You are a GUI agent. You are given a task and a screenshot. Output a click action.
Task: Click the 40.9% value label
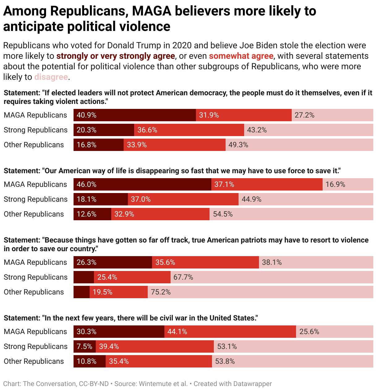point(87,115)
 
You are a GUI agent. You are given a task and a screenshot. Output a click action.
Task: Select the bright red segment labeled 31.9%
point(244,115)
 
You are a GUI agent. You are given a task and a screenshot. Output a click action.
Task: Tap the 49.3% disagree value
point(238,145)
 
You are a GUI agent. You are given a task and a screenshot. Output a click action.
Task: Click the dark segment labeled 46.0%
point(142,184)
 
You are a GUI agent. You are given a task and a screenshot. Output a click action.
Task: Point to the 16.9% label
point(335,184)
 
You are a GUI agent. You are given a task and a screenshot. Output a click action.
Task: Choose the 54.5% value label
point(223,214)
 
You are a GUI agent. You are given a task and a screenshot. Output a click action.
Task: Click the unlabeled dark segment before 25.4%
point(84,277)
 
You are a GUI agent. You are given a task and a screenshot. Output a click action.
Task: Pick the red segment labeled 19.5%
point(119,292)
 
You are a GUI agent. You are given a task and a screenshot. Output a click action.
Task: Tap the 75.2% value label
point(161,292)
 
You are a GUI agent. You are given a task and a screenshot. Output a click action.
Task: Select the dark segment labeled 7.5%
point(84,346)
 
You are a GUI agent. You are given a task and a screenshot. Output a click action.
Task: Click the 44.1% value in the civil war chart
point(177,332)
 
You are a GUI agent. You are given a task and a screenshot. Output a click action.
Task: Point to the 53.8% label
point(225,361)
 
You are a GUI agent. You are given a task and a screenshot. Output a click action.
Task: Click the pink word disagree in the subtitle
point(51,77)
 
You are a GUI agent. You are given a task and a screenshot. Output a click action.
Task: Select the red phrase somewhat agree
point(241,56)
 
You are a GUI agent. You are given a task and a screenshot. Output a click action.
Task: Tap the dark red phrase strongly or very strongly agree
point(116,56)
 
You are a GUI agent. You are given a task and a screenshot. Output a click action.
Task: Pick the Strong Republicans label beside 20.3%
point(36,130)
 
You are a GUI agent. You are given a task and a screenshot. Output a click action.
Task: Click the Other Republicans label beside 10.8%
point(34,361)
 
